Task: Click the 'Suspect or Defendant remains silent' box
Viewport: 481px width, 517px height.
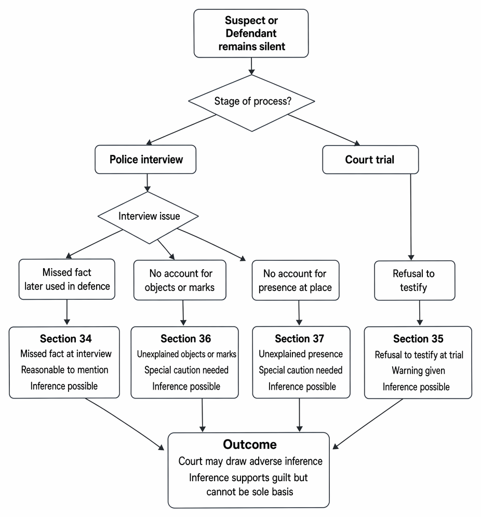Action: click(x=251, y=33)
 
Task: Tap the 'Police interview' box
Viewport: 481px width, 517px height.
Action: click(x=145, y=159)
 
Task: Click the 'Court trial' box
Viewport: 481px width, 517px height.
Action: click(x=370, y=160)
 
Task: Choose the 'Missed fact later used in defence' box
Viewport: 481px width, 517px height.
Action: click(x=67, y=279)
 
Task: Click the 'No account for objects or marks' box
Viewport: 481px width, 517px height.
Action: click(x=180, y=280)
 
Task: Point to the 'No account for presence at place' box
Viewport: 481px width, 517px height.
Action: click(x=296, y=280)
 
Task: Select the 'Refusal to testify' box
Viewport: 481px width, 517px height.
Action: click(x=415, y=281)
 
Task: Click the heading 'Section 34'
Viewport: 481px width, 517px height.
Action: click(x=66, y=339)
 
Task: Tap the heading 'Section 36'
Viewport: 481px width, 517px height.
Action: click(x=186, y=339)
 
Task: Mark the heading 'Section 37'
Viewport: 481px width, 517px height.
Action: click(x=300, y=339)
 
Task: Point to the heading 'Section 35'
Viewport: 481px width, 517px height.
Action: click(x=418, y=339)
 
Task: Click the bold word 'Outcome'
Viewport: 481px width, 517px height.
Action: click(x=250, y=444)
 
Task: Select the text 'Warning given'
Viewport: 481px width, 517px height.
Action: click(x=418, y=371)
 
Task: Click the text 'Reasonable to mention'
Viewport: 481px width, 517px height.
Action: click(x=64, y=370)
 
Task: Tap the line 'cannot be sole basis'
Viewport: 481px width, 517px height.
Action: click(x=250, y=492)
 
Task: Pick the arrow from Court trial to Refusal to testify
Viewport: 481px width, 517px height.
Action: click(x=411, y=217)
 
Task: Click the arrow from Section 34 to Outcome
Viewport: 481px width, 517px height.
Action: click(x=125, y=424)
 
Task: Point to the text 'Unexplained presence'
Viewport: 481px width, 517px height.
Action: click(x=301, y=354)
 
